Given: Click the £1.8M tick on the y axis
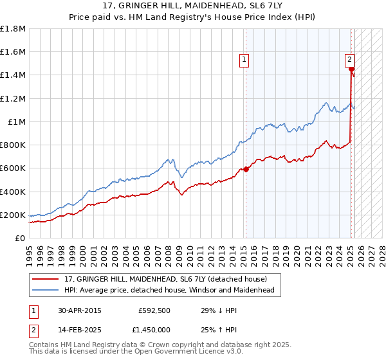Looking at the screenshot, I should [x=13, y=29].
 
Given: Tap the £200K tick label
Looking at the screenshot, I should [x=13, y=215].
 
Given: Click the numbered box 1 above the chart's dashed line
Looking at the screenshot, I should [x=244, y=61].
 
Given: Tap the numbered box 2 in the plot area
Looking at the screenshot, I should [x=349, y=60].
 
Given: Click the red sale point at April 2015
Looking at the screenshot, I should [x=245, y=170].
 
